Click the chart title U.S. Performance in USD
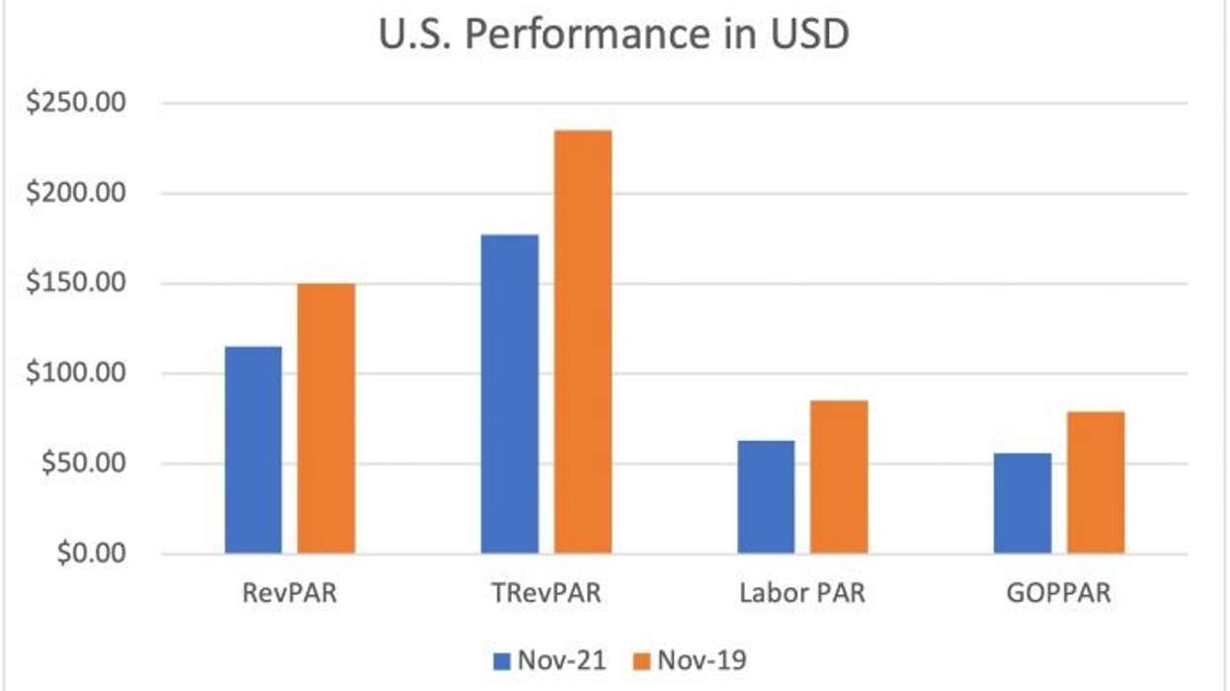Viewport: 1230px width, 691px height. click(x=615, y=35)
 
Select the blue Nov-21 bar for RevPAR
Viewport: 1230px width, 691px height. click(x=253, y=450)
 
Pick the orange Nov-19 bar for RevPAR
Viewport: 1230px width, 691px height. click(x=326, y=418)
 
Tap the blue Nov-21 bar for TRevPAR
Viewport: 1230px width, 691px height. click(x=510, y=393)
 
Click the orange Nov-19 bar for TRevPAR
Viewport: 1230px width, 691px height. click(x=582, y=342)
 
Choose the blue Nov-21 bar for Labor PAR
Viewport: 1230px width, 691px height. click(x=766, y=496)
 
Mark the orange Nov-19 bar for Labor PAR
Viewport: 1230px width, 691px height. click(x=839, y=476)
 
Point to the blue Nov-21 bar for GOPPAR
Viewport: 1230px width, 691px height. click(x=1023, y=502)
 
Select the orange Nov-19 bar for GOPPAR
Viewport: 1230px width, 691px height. click(x=1095, y=482)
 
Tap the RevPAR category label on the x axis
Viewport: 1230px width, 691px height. click(x=289, y=595)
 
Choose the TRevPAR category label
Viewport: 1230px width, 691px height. click(x=545, y=595)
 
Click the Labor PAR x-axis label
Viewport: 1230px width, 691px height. click(x=802, y=595)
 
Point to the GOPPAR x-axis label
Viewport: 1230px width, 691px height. click(x=1058, y=595)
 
